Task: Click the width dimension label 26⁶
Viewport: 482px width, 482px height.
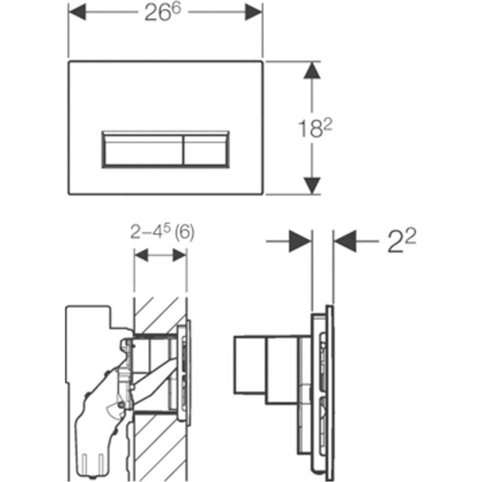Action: tap(162, 13)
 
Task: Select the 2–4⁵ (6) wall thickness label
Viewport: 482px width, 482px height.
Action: tap(162, 232)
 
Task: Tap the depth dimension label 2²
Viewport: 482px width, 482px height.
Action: tap(402, 241)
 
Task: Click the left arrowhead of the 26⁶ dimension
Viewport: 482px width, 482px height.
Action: tap(77, 12)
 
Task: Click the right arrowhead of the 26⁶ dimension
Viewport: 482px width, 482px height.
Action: tap(254, 13)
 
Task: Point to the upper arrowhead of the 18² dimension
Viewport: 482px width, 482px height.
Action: tap(312, 71)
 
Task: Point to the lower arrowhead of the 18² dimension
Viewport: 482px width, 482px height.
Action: tap(312, 186)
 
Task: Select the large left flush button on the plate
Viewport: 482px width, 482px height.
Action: tap(143, 150)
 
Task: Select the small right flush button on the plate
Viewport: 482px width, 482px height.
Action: tap(206, 150)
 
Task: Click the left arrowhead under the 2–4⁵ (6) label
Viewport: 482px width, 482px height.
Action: tap(141, 255)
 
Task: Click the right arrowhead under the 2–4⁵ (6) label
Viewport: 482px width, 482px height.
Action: tap(179, 255)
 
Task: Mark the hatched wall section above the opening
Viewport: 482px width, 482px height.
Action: tap(160, 315)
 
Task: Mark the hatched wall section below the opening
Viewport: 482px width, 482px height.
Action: tap(160, 447)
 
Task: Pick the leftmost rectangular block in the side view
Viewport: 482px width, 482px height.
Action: tap(250, 365)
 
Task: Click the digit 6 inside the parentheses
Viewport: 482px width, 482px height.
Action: tap(184, 232)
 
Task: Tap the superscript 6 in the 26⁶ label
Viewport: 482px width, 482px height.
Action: tap(176, 9)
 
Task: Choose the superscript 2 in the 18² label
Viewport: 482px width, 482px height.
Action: tap(328, 125)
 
